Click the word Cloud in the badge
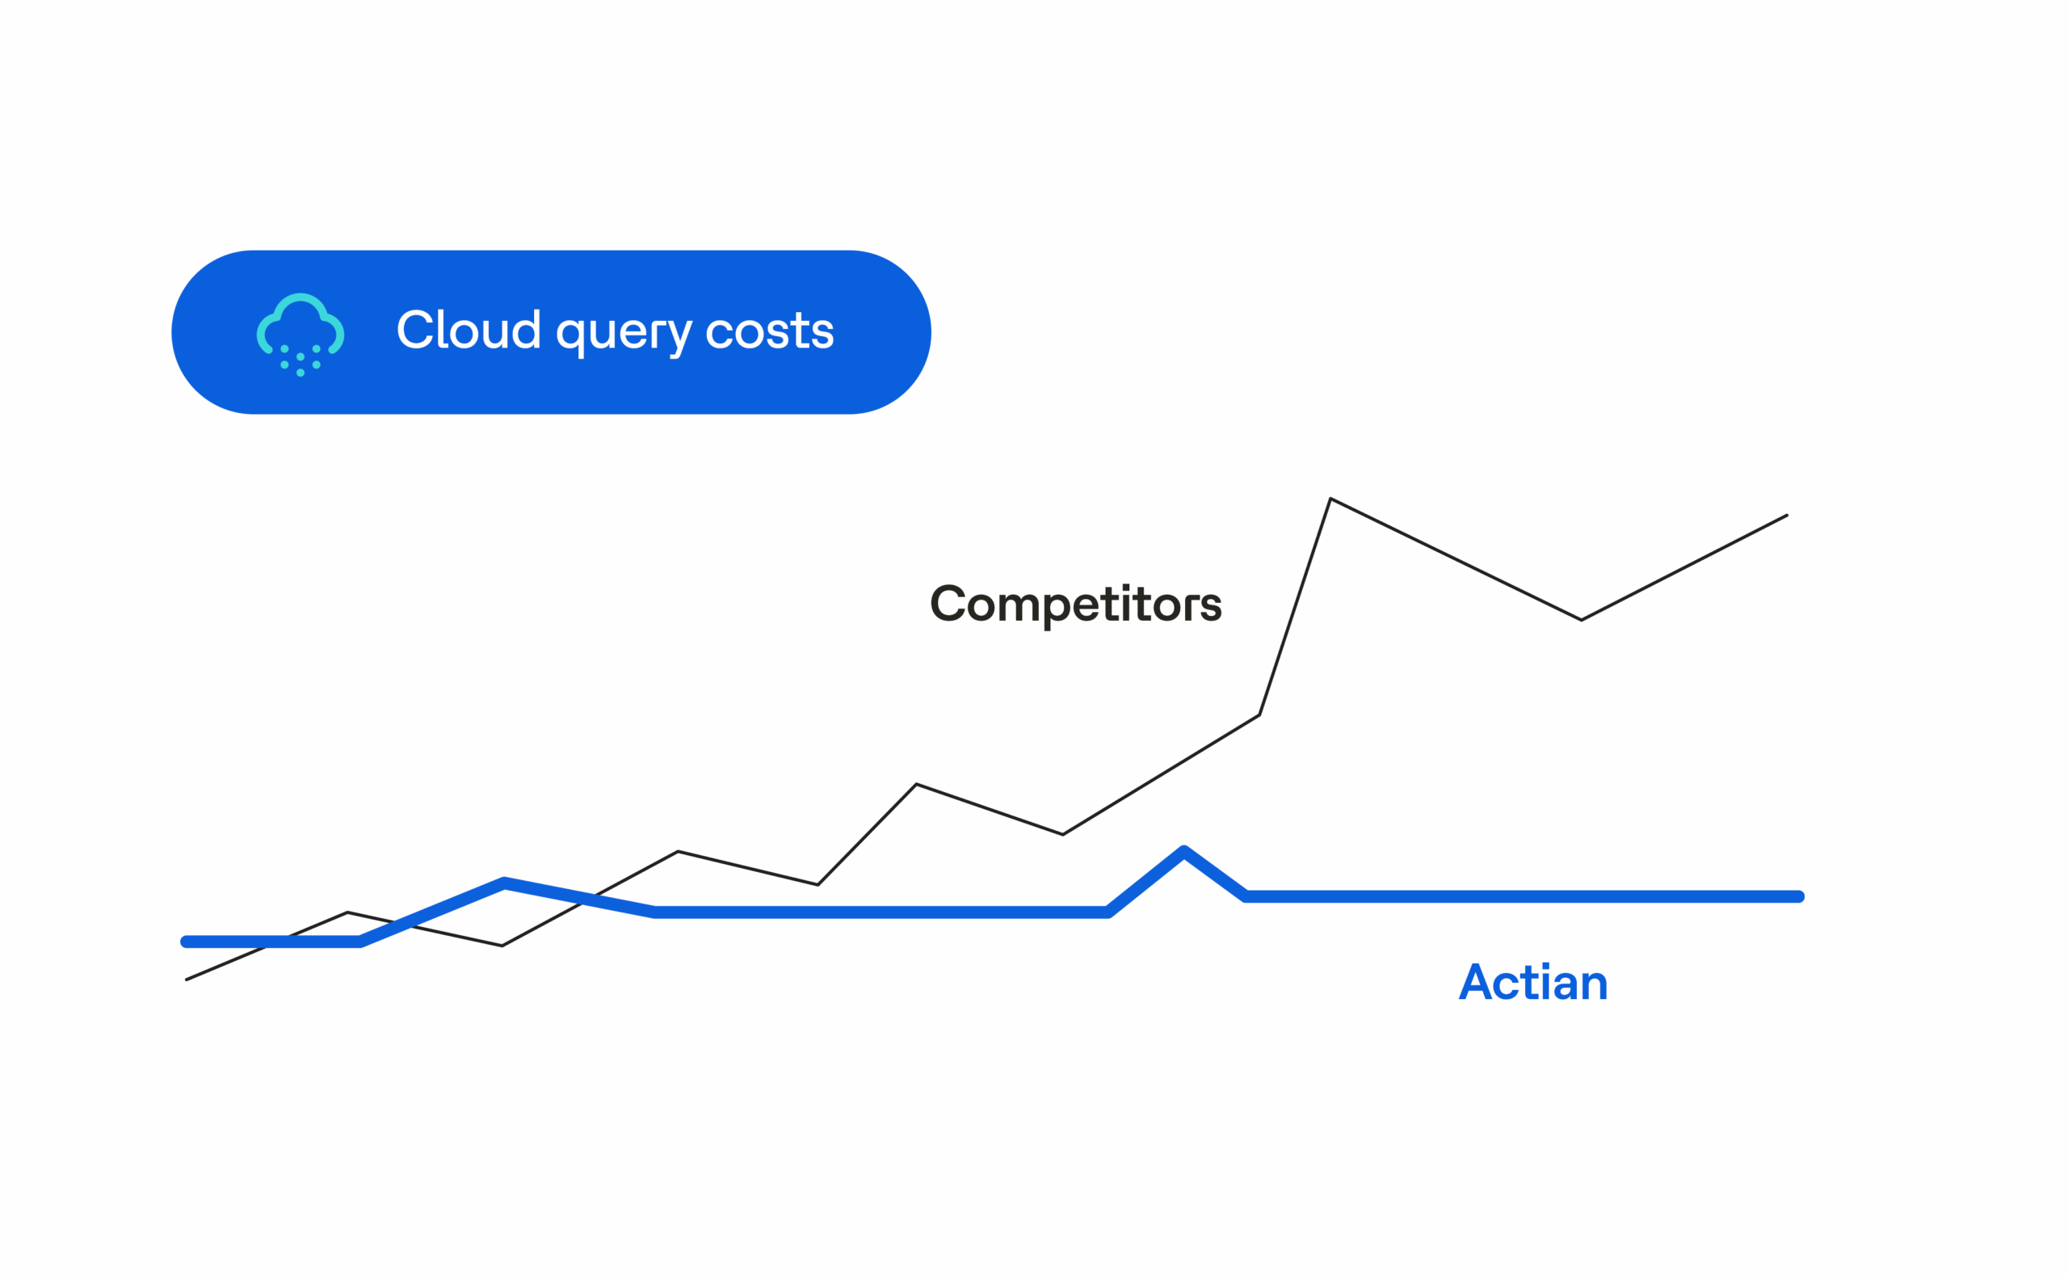(469, 330)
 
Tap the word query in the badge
(624, 334)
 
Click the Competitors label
(1075, 605)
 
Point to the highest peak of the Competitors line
(1330, 499)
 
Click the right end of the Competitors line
(1787, 515)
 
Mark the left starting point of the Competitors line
(187, 980)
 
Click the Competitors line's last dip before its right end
(1581, 620)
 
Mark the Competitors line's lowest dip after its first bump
(502, 946)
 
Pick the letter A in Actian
(1474, 981)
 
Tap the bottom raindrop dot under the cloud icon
(301, 373)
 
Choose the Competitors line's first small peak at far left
(347, 912)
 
